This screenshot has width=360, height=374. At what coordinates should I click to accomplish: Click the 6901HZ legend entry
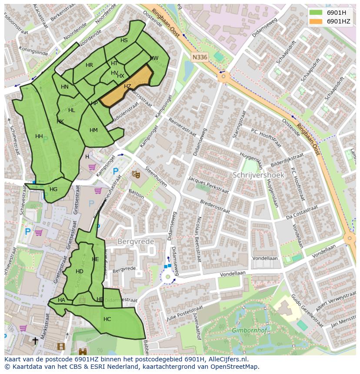tap(339, 21)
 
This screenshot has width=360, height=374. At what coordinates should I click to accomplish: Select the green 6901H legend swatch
tap(316, 12)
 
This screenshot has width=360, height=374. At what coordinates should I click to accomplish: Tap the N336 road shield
tap(200, 57)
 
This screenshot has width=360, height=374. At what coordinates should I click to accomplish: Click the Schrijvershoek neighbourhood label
tap(258, 175)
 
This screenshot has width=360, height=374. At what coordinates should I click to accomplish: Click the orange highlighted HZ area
tap(127, 86)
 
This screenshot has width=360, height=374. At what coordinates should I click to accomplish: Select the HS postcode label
tap(124, 40)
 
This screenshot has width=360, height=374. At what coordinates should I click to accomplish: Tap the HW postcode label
tap(154, 58)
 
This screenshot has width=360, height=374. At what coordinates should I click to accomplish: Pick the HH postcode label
tap(39, 136)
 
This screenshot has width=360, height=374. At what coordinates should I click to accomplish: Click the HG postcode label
tap(53, 189)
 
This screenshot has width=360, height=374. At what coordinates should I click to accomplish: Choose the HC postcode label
tap(107, 319)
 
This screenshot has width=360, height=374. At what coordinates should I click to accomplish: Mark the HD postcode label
tap(79, 271)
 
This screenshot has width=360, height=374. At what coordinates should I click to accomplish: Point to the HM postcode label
tap(93, 130)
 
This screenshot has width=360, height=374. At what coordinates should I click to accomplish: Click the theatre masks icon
tap(136, 174)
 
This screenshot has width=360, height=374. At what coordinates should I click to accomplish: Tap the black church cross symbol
tap(35, 341)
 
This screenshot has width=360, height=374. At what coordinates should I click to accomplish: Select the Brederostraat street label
tap(215, 206)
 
